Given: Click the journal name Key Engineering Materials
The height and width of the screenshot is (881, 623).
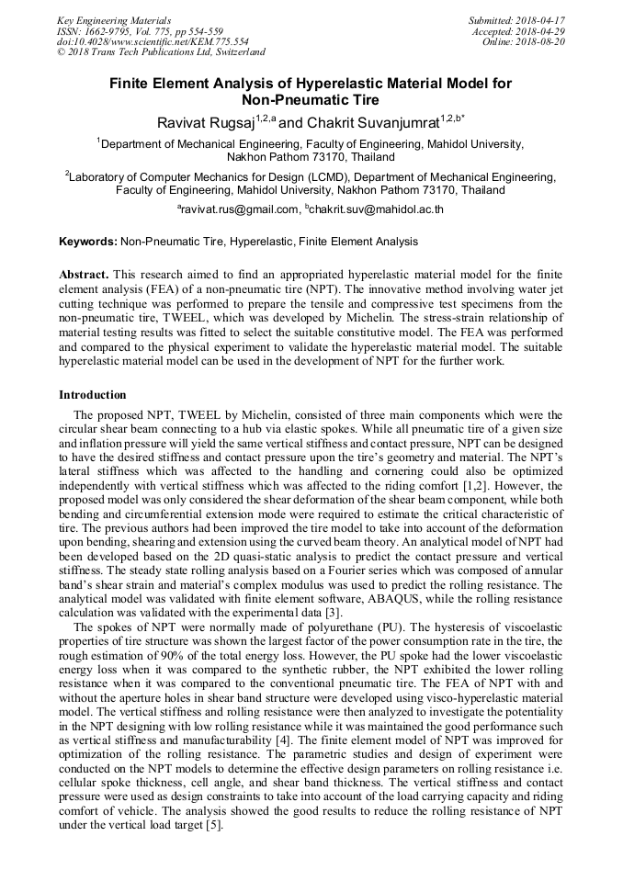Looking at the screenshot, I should [x=114, y=19].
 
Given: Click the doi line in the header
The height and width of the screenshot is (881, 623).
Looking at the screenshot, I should [x=153, y=41].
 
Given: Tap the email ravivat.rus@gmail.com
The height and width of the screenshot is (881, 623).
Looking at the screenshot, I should [x=240, y=209].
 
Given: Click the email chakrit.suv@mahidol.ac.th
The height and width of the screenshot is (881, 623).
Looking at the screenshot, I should [x=377, y=209].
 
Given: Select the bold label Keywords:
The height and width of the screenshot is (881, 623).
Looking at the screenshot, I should [x=87, y=242].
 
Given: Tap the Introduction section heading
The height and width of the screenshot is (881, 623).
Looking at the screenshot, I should [x=93, y=395].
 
